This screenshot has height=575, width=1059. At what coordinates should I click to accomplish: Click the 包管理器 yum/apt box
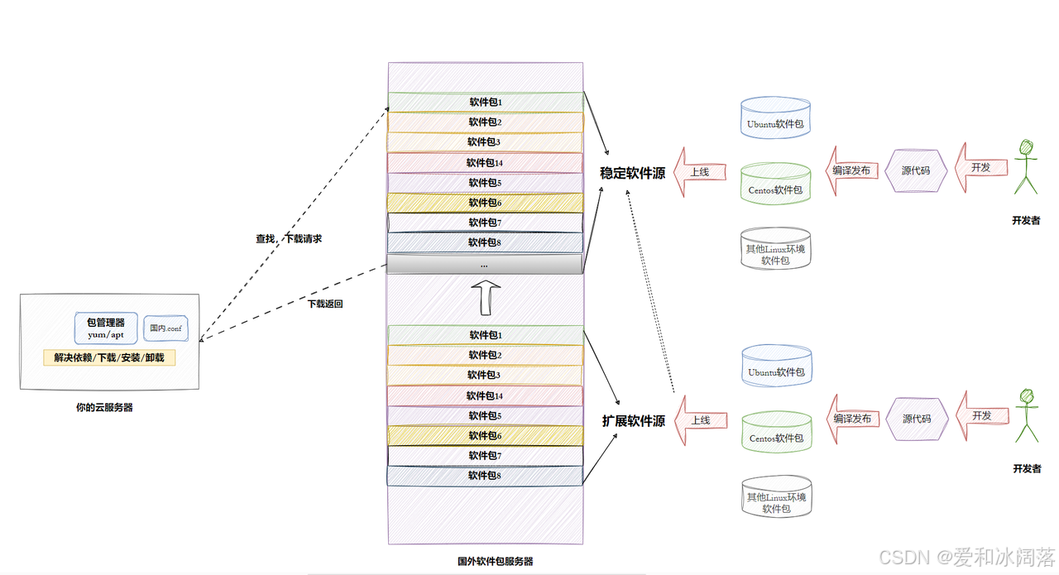click(x=106, y=328)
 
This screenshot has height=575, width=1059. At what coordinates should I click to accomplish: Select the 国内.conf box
click(x=165, y=328)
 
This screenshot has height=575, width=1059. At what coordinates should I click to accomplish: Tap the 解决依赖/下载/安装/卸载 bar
click(x=109, y=358)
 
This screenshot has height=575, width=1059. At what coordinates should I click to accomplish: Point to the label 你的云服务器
click(x=104, y=407)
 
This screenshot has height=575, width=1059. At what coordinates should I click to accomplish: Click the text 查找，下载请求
click(x=288, y=238)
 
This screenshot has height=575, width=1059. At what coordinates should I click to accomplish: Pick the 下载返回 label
click(x=325, y=304)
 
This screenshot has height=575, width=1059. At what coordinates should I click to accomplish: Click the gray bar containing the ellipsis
click(x=485, y=265)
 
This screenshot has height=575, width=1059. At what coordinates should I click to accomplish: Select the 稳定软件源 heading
click(x=632, y=174)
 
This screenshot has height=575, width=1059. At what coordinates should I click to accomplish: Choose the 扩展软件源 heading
click(x=633, y=421)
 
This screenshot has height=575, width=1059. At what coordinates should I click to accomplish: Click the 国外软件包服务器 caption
click(x=495, y=561)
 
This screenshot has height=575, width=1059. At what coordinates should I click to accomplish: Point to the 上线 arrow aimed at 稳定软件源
click(x=700, y=172)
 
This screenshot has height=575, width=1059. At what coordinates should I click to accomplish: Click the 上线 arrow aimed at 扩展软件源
click(x=700, y=419)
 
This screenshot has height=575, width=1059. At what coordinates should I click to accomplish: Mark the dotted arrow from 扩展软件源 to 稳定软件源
click(x=652, y=290)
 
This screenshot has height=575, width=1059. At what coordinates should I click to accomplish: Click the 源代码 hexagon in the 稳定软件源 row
click(x=915, y=170)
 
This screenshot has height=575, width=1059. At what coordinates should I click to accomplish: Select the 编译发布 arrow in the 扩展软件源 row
click(x=851, y=419)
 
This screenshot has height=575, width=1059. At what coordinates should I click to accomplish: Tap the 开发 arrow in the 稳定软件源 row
click(x=981, y=167)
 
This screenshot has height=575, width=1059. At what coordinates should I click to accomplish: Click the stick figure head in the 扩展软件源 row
click(x=1028, y=396)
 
